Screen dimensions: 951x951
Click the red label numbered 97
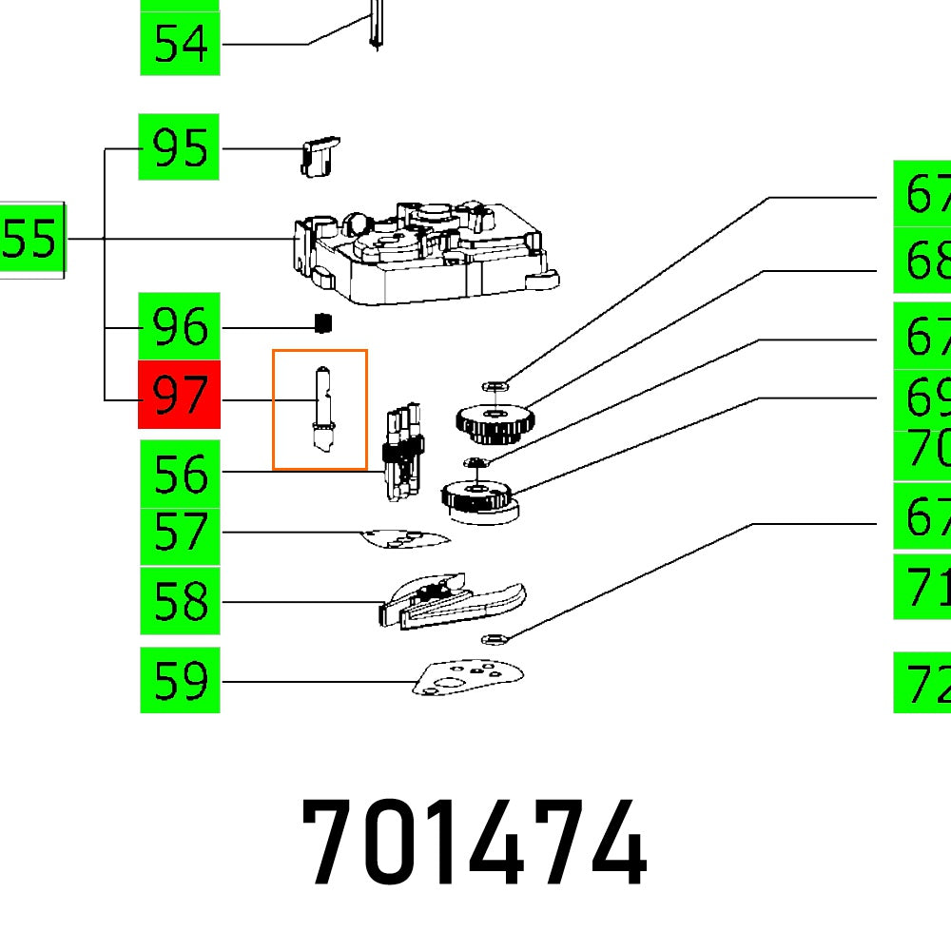[179, 395]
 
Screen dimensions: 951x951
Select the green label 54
[180, 44]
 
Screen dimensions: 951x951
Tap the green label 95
[179, 147]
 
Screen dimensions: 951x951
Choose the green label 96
[179, 326]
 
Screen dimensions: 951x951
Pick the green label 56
[180, 473]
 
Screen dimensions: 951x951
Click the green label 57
[180, 534]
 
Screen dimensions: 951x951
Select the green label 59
[180, 680]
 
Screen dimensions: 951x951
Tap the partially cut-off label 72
[922, 682]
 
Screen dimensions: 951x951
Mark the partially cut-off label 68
[922, 260]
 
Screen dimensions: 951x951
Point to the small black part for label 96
[323, 324]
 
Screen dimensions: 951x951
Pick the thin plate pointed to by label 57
[405, 539]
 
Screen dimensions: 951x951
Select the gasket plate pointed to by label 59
[468, 675]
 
